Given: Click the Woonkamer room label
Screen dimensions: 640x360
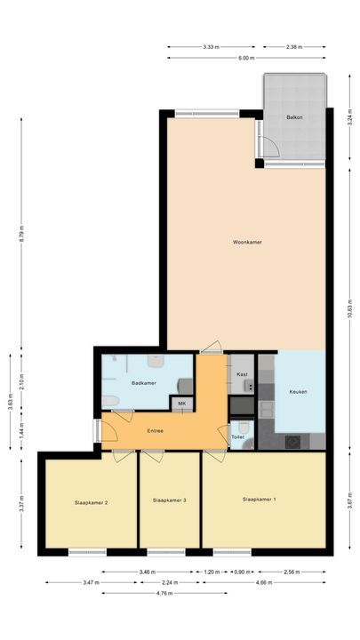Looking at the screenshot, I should coord(247,242).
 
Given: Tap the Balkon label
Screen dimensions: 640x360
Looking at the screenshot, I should coord(295,117).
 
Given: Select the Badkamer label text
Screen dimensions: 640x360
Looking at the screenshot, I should coord(143,383).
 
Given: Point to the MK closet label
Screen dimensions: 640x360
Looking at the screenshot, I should coord(182,404).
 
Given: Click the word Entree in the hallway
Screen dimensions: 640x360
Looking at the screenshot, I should coord(155,431).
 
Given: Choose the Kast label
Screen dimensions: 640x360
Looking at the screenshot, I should coord(242,375).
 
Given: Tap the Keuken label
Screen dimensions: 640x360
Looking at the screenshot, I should coord(299,392).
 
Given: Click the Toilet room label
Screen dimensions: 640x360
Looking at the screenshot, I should coord(237,437).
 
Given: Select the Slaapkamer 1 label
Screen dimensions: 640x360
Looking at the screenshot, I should coord(259,500).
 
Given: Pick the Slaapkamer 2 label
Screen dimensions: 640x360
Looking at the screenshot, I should coord(92,503).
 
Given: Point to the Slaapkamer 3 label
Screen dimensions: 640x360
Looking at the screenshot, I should coord(169,500).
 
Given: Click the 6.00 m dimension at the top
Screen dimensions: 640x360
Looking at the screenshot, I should coord(246,58).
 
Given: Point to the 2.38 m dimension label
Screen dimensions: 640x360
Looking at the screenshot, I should coord(296,46).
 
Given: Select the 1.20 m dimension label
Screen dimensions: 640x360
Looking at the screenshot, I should coord(212,572).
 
